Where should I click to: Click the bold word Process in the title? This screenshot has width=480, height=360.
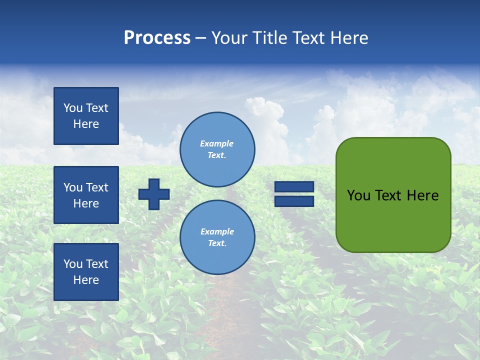pyautogui.click(x=157, y=38)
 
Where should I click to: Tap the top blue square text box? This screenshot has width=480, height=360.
pyautogui.click(x=86, y=116)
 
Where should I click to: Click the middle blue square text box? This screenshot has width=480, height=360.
pyautogui.click(x=86, y=195)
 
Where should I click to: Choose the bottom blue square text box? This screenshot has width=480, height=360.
pyautogui.click(x=86, y=272)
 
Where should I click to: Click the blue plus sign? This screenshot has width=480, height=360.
pyautogui.click(x=154, y=194)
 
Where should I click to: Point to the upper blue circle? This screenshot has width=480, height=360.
pyautogui.click(x=217, y=149)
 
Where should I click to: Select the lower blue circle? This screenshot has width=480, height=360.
pyautogui.click(x=217, y=237)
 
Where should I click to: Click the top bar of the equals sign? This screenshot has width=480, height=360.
pyautogui.click(x=294, y=187)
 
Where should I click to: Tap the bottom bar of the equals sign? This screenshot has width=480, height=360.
pyautogui.click(x=294, y=201)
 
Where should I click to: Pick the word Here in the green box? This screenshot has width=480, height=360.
pyautogui.click(x=422, y=195)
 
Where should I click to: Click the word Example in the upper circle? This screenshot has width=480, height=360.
pyautogui.click(x=217, y=143)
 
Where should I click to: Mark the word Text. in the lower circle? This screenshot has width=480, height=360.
pyautogui.click(x=217, y=243)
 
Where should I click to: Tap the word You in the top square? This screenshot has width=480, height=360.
pyautogui.click(x=73, y=108)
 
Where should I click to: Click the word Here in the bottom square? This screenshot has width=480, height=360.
pyautogui.click(x=86, y=280)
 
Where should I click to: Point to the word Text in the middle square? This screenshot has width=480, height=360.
pyautogui.click(x=97, y=187)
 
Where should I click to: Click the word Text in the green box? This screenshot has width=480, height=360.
pyautogui.click(x=388, y=195)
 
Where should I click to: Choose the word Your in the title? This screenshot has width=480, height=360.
pyautogui.click(x=229, y=38)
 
